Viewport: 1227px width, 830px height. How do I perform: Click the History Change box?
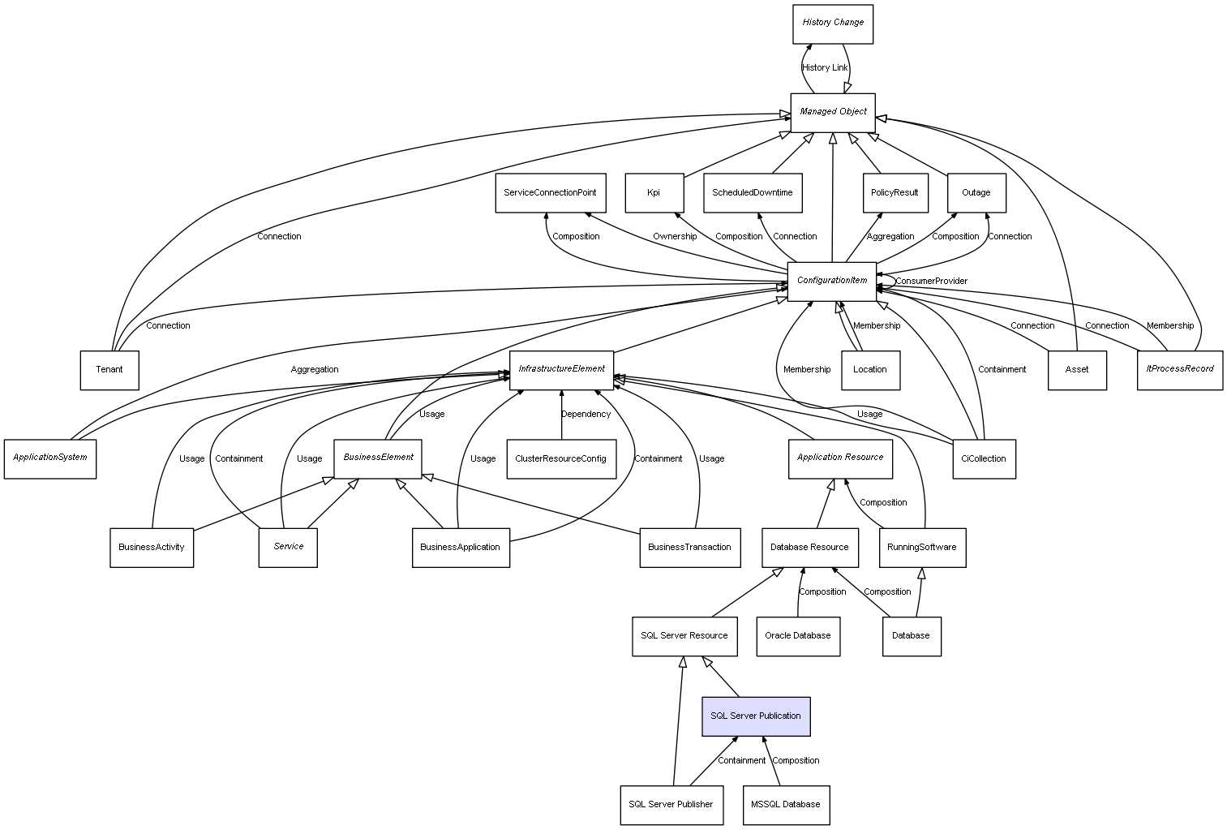point(833,24)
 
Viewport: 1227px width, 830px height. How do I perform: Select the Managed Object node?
point(833,112)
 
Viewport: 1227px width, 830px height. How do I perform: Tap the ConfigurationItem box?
point(832,281)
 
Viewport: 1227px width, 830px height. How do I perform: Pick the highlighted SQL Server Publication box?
point(756,716)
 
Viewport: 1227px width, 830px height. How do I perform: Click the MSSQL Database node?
point(786,805)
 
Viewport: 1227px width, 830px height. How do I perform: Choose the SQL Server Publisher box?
point(671,805)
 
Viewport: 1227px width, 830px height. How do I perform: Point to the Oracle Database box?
point(798,636)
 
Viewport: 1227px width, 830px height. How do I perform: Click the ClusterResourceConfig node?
point(560,459)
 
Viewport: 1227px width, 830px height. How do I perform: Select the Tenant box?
point(109,370)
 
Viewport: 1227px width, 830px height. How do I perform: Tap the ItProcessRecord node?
point(1179,369)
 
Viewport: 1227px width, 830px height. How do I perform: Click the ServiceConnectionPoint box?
point(550,193)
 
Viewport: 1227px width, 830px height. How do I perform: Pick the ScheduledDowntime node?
point(753,193)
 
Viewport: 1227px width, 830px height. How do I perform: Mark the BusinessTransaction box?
point(689,548)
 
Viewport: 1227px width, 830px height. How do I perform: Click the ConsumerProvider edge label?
point(931,282)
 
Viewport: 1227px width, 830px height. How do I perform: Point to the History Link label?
point(825,68)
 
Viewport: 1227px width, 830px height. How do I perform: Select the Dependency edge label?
point(586,415)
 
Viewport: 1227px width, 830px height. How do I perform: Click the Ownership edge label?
point(675,237)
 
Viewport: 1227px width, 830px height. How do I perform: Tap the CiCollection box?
point(983,459)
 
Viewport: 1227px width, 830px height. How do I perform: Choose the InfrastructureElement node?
point(561,369)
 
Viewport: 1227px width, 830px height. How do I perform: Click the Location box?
point(870,370)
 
